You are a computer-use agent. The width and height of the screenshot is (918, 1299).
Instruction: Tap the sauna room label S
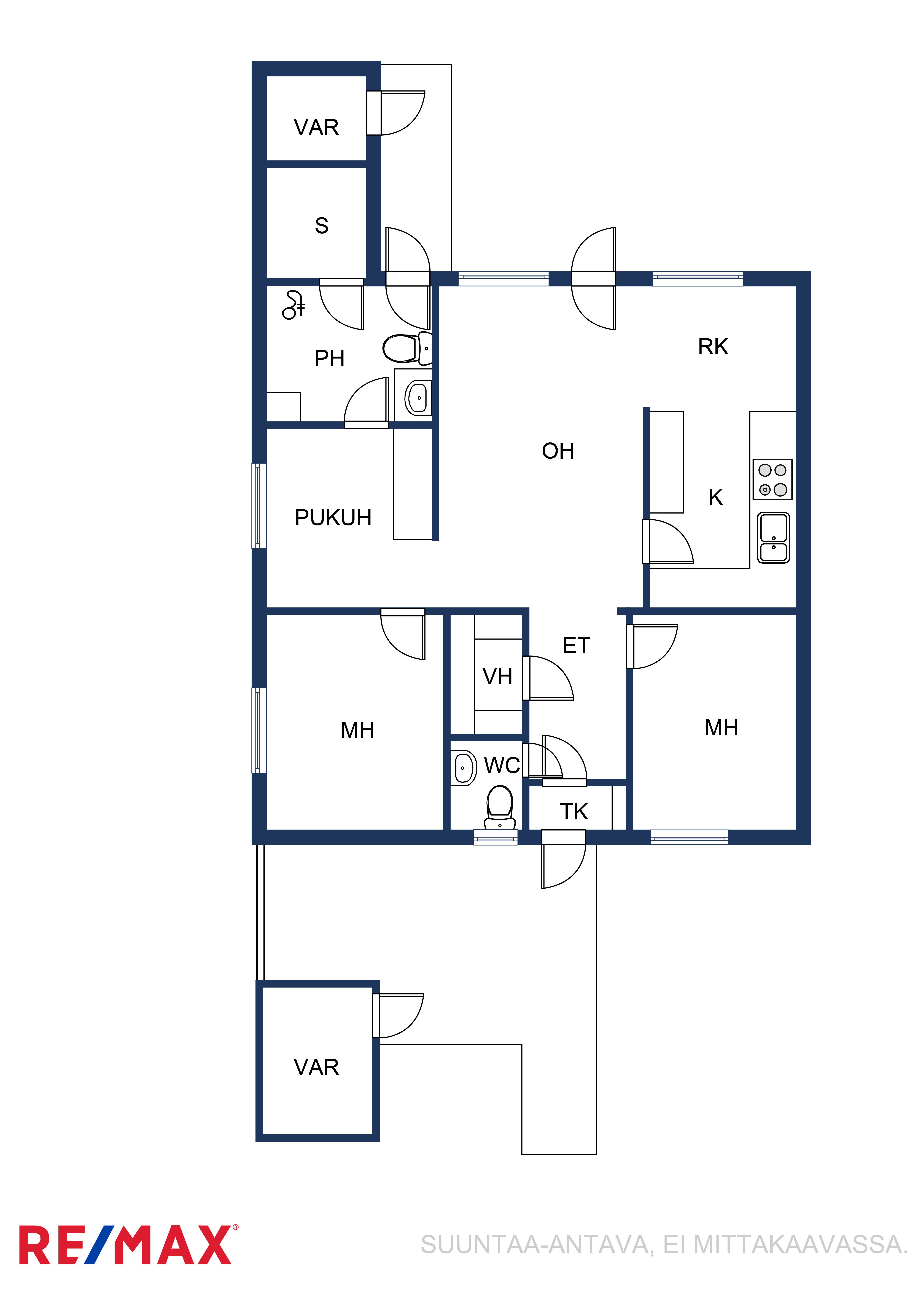[321, 226]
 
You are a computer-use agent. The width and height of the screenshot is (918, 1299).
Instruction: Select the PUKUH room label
[333, 518]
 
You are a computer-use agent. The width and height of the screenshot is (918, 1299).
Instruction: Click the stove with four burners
[772, 479]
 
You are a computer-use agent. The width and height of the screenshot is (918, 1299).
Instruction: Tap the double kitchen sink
[773, 538]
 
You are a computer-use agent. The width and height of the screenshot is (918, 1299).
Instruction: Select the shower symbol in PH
[294, 305]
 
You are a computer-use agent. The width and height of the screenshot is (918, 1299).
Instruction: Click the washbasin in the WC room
[463, 768]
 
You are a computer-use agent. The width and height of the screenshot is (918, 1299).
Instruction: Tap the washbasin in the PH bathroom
[418, 398]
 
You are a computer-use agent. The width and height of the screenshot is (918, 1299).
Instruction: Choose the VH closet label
[497, 676]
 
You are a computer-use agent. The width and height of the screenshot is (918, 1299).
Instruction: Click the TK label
[574, 811]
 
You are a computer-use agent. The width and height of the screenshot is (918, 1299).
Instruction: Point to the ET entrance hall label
[576, 645]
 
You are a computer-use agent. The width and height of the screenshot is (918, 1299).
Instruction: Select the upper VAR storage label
[316, 127]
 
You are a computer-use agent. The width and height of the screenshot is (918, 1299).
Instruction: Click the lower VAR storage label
[316, 1067]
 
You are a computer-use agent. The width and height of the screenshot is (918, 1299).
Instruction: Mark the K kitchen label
[715, 497]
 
